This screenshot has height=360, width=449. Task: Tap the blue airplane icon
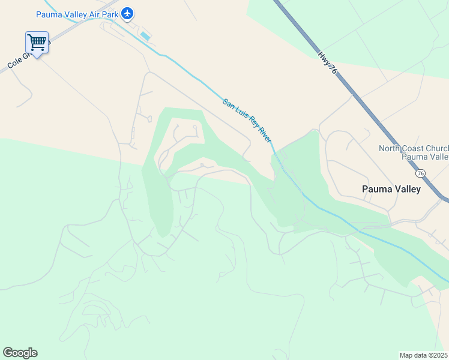click(x=127, y=13)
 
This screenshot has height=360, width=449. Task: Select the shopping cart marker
click(x=37, y=43)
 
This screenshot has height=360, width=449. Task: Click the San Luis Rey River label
click(x=247, y=120)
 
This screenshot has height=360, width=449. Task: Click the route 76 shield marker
click(x=421, y=173)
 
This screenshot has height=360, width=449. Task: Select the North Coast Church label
click(x=414, y=148)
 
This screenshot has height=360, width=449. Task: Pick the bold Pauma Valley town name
click(x=391, y=189)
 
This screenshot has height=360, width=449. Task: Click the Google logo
click(x=20, y=353)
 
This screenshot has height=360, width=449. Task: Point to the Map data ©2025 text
click(x=424, y=355)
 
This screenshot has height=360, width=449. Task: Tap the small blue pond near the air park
click(x=145, y=36)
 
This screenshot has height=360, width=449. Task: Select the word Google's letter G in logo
click(x=8, y=353)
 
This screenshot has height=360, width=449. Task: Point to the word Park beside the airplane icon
click(x=109, y=13)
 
